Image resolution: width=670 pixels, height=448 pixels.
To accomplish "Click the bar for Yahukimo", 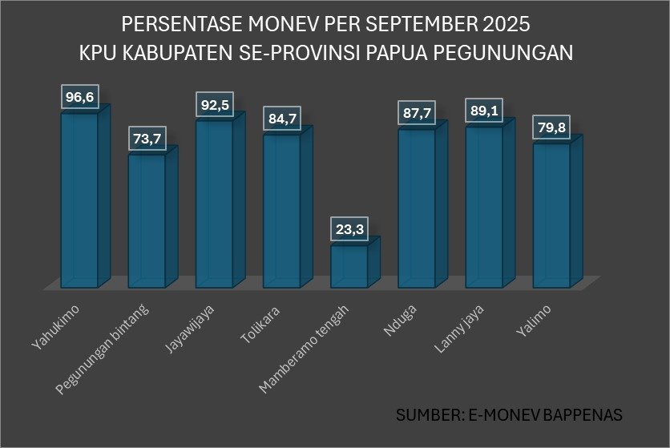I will (80, 200).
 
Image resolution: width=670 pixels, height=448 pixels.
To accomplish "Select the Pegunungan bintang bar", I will (147, 220).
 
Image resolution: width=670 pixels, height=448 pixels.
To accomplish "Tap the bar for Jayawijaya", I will (215, 204).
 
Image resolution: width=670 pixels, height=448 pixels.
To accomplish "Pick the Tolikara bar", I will (282, 210).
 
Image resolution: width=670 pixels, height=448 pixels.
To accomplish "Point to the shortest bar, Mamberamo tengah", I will (349, 266).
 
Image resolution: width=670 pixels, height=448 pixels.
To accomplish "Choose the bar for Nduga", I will (417, 208).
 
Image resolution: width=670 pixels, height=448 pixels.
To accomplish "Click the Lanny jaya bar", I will (484, 206).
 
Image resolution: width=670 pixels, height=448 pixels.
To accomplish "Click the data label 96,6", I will (80, 98).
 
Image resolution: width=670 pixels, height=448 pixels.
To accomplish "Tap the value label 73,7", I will (147, 139).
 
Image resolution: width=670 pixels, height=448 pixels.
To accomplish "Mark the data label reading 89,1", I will (484, 111).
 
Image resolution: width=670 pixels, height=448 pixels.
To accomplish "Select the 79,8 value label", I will (551, 129).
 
